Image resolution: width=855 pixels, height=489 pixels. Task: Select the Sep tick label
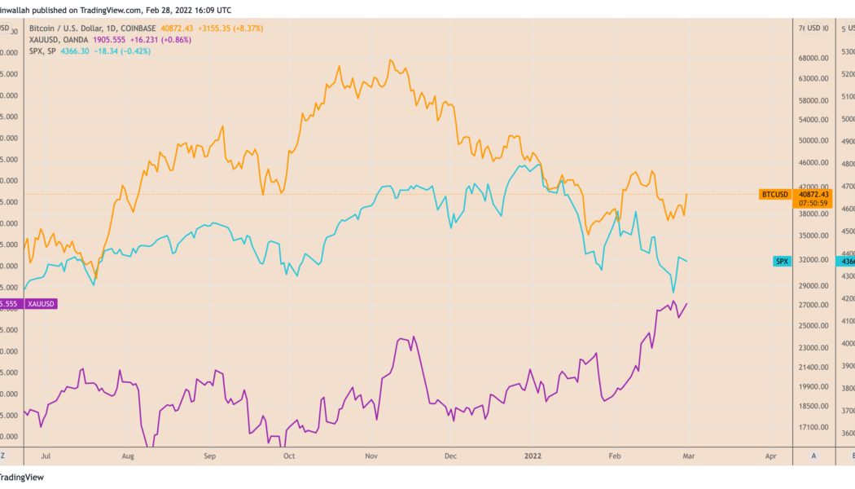209,456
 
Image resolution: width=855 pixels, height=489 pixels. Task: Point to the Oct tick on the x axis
288,456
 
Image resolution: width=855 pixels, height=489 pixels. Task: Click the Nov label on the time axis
371,456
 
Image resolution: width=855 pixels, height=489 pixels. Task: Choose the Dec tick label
452,456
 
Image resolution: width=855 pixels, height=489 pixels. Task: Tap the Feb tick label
615,456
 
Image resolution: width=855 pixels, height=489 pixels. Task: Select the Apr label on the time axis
771,456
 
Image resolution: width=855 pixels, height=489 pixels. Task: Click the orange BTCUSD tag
774,194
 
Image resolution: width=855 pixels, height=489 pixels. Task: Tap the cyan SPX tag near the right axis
782,261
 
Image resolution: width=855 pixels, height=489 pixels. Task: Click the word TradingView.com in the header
115,10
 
